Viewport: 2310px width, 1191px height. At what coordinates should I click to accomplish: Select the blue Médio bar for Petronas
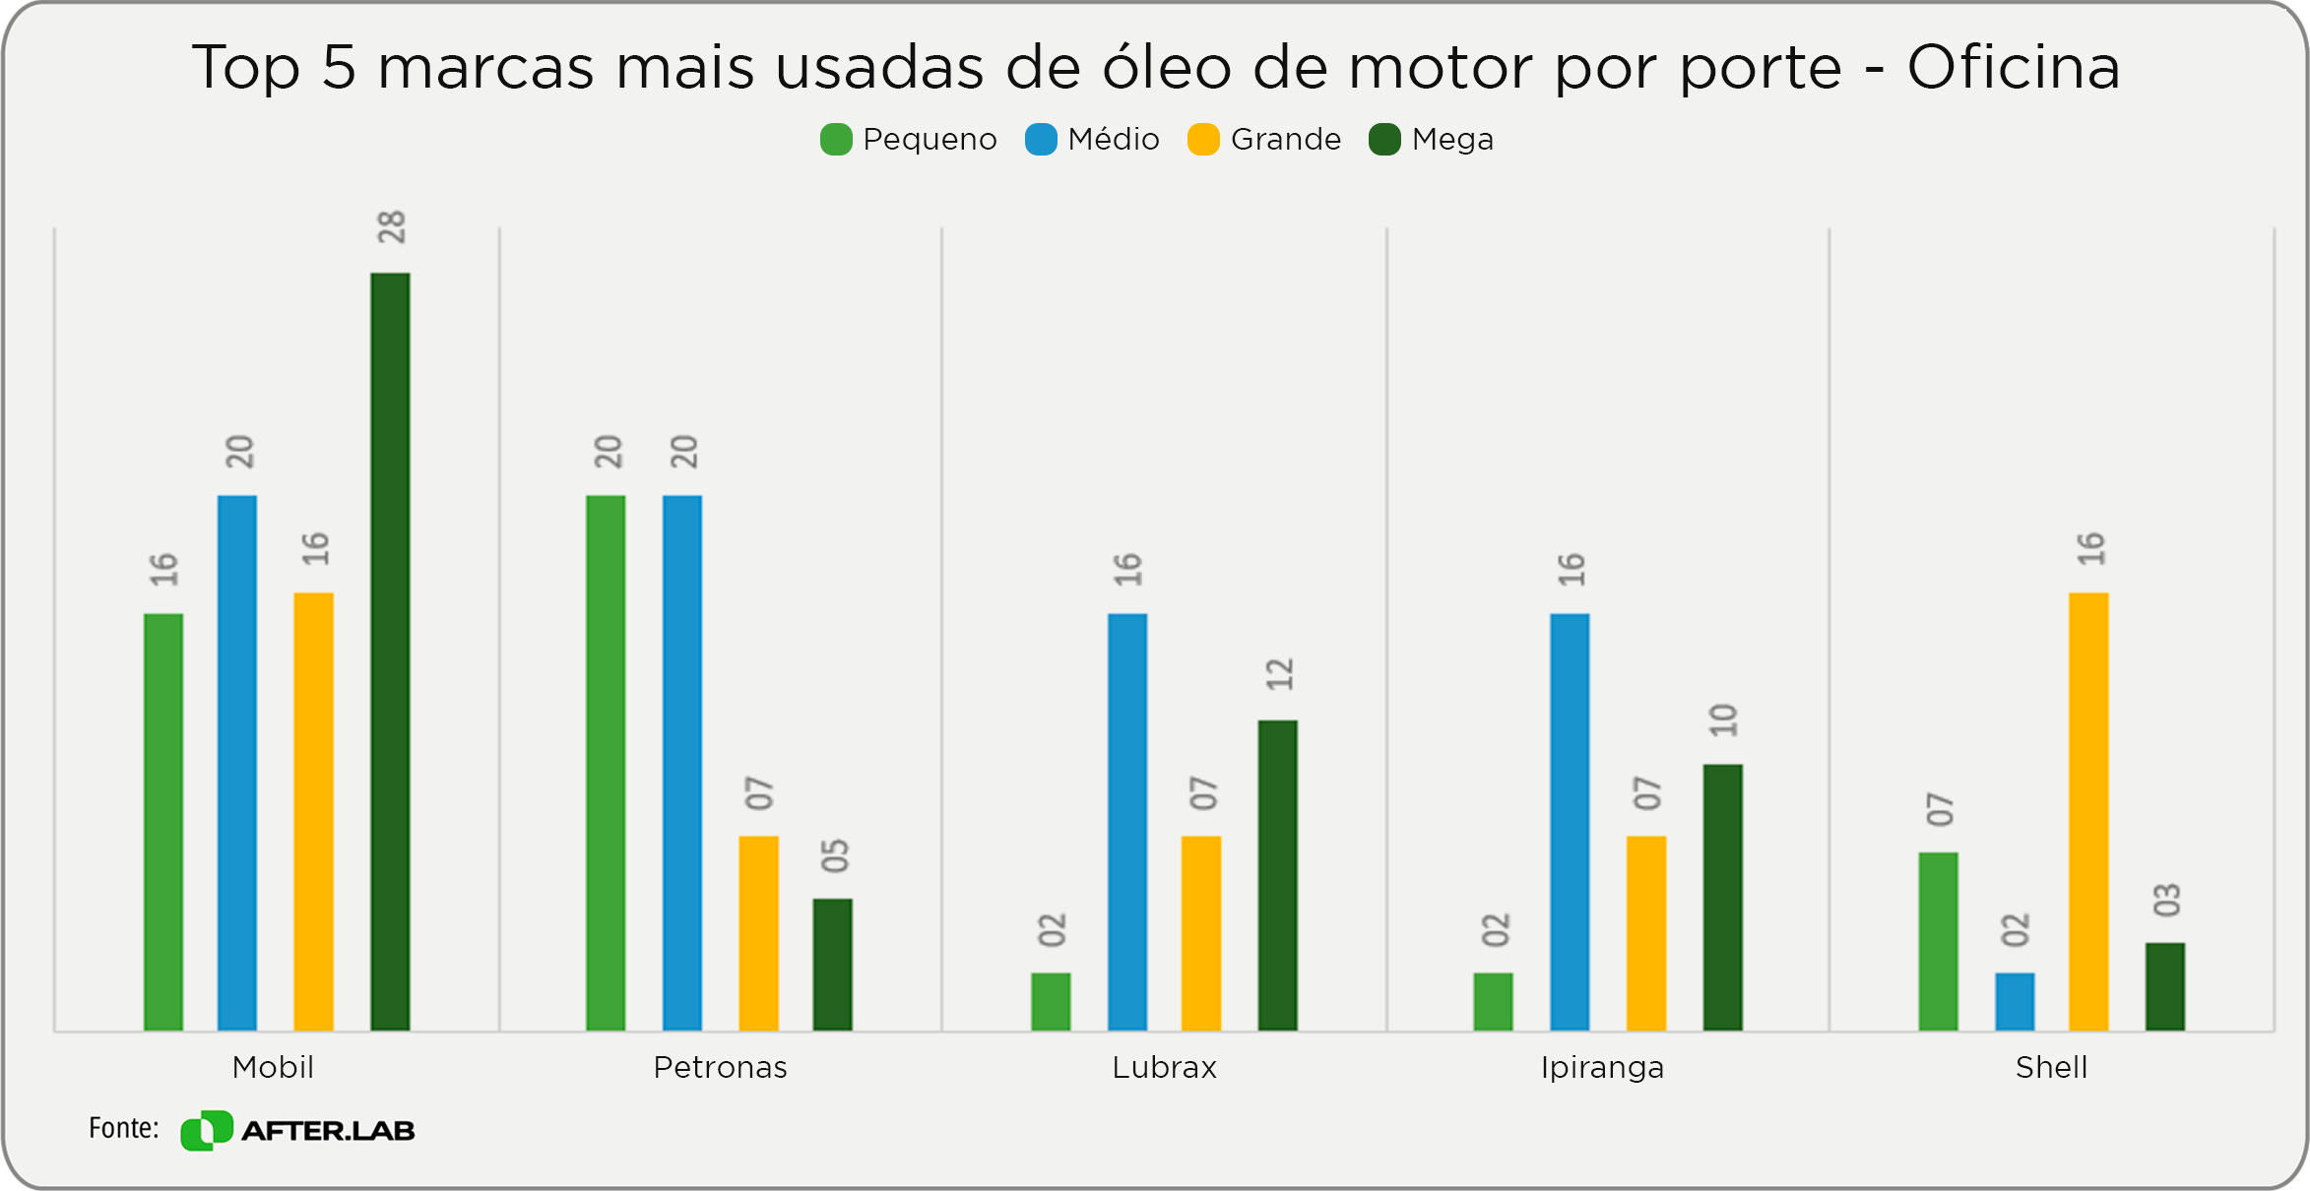tap(682, 763)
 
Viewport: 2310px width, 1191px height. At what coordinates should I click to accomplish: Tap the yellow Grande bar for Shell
tap(2088, 811)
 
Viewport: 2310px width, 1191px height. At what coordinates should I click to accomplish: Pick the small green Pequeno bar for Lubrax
tap(1051, 1001)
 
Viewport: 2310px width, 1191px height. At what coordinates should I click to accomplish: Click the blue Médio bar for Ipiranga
tap(1570, 822)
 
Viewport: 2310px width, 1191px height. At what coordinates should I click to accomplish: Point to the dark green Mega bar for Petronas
tap(832, 964)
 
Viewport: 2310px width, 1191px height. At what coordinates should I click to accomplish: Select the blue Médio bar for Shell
tap(2015, 1001)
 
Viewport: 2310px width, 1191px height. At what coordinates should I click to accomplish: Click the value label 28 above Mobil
tap(391, 227)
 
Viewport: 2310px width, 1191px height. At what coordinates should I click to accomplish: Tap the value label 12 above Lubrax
tap(1279, 674)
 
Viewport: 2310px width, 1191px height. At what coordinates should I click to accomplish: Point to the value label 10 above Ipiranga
tap(1723, 721)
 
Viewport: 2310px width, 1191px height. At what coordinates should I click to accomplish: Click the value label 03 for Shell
tap(2166, 900)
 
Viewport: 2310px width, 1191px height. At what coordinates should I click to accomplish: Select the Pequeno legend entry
tap(909, 140)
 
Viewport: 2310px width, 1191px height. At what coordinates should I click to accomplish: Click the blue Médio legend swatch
tap(1041, 140)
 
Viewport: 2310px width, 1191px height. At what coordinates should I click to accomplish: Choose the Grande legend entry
tap(1265, 140)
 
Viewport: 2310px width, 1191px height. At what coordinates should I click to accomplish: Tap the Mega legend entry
tap(1432, 140)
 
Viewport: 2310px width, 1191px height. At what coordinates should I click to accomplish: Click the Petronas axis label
tap(720, 1068)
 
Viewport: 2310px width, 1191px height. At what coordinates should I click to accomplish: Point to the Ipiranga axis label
tap(1602, 1068)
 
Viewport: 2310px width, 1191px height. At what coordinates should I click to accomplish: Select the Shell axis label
tap(2051, 1068)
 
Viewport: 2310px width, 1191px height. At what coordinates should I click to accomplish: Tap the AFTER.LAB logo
tap(297, 1130)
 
